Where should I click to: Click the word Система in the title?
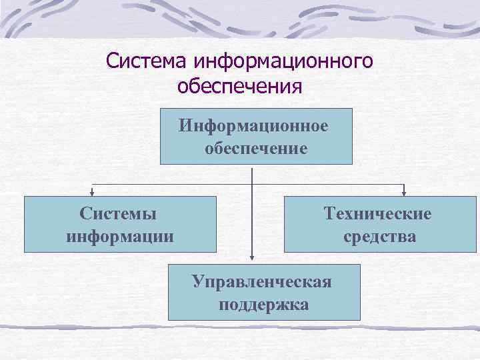(146, 61)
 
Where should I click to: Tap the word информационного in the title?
(283, 61)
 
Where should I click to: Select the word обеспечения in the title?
(240, 86)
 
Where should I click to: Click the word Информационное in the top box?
(253, 126)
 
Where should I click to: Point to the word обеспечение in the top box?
(257, 147)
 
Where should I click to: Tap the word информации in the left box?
(121, 236)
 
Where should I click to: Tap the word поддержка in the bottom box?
(263, 305)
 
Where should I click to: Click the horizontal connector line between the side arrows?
(173, 183)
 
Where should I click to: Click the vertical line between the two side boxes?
(252, 220)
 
